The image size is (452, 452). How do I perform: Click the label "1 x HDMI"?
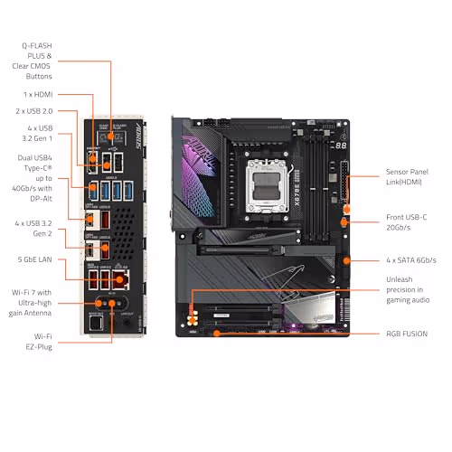click(x=37, y=93)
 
